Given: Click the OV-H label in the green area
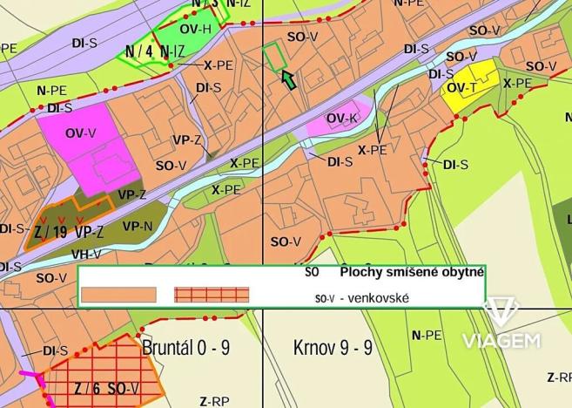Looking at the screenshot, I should click(x=195, y=28).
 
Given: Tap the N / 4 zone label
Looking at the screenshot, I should click(x=138, y=51).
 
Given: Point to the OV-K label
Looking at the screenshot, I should click(x=342, y=119).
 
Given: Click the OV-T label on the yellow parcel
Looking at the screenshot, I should click(x=462, y=88).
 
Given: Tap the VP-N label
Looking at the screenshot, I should click(x=138, y=226).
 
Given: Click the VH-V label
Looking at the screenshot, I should click(x=86, y=254).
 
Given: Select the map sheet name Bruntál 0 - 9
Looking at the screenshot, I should click(x=185, y=348).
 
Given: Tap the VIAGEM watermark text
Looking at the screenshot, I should click(x=501, y=340).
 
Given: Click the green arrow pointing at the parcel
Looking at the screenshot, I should click(x=288, y=80).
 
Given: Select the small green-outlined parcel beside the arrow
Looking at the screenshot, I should click(x=273, y=58).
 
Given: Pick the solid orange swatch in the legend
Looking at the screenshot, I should click(x=118, y=295).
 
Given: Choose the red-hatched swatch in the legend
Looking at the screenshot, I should click(x=212, y=295).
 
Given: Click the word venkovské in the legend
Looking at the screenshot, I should click(x=376, y=298).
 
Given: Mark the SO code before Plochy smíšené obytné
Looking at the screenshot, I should click(x=313, y=272).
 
